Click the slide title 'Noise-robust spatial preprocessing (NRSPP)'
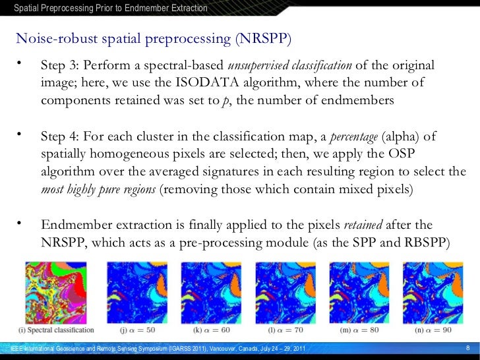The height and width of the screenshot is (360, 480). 153,38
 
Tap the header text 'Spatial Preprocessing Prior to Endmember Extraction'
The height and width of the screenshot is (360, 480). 111,8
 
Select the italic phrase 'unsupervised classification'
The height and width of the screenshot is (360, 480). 290,67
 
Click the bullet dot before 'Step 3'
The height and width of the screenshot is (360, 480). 20,65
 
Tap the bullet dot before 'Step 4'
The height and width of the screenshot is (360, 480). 20,135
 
